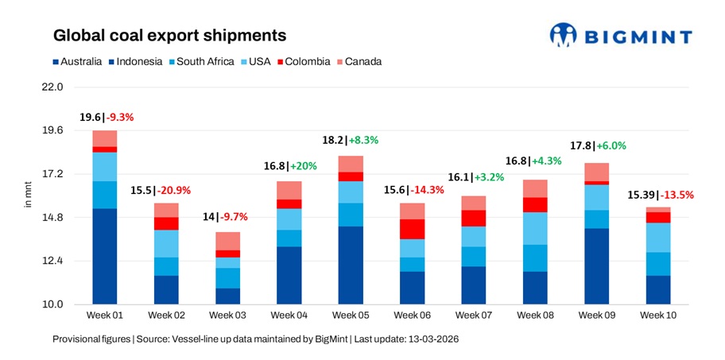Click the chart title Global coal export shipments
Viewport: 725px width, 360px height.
tap(169, 36)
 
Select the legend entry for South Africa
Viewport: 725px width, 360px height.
tap(205, 61)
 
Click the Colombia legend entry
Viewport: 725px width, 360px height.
tap(305, 61)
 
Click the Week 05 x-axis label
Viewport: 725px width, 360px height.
tap(351, 315)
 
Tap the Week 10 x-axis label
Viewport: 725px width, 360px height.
tap(657, 315)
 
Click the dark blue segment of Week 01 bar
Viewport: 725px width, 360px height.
tap(104, 256)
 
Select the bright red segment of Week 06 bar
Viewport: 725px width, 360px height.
tap(412, 229)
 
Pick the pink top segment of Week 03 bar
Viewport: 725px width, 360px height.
tap(227, 241)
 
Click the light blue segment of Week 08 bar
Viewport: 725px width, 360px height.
tap(534, 228)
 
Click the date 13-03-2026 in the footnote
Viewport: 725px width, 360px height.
tap(431, 339)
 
